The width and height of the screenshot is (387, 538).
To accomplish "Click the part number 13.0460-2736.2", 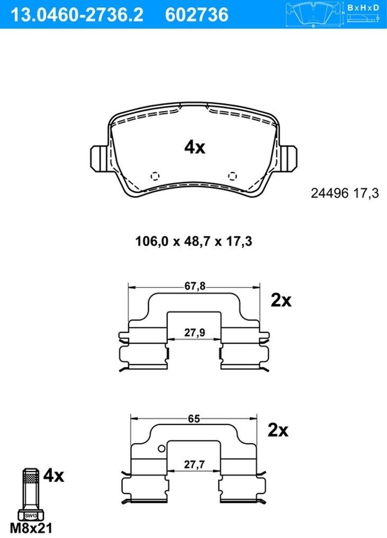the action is [77, 15].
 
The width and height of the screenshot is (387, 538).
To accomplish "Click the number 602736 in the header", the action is [196, 15].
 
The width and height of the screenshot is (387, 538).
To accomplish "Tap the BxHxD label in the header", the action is [363, 7].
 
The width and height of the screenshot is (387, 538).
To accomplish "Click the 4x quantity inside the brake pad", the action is [194, 148].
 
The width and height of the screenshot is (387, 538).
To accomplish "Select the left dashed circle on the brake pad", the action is [155, 176].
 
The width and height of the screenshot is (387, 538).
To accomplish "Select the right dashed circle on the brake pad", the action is [232, 176].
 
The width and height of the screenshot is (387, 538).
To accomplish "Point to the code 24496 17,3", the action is [345, 193].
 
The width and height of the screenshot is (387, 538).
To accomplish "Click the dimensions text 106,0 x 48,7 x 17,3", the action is [194, 241].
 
